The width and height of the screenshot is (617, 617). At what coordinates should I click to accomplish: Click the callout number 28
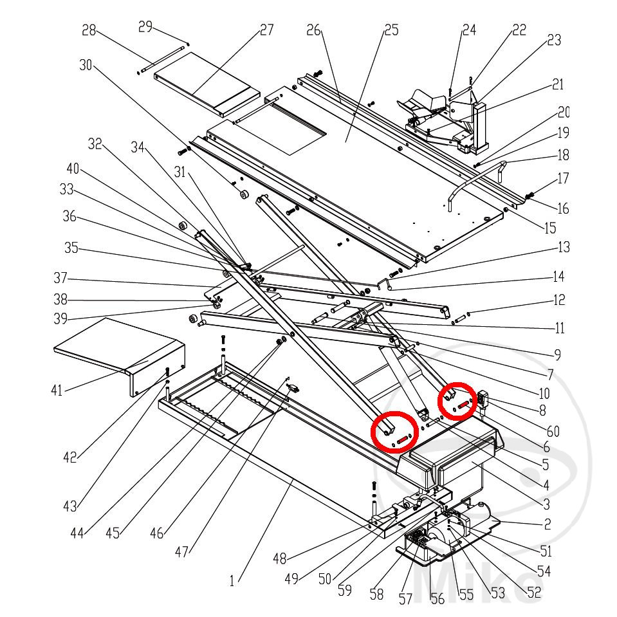(89, 30)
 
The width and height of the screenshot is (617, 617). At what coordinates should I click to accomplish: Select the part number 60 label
(553, 431)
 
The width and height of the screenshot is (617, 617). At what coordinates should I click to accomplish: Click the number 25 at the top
(391, 30)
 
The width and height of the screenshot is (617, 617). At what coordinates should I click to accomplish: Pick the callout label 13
(564, 247)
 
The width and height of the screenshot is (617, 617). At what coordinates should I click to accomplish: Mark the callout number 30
(87, 65)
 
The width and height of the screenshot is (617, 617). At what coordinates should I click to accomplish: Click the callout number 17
(563, 178)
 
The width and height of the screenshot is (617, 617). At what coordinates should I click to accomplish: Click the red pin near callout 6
(462, 406)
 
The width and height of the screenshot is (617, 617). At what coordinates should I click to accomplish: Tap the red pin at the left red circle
(403, 439)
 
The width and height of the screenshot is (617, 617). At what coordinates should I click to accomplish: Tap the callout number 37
(61, 280)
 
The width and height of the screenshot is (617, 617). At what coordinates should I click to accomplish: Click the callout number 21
(557, 85)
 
